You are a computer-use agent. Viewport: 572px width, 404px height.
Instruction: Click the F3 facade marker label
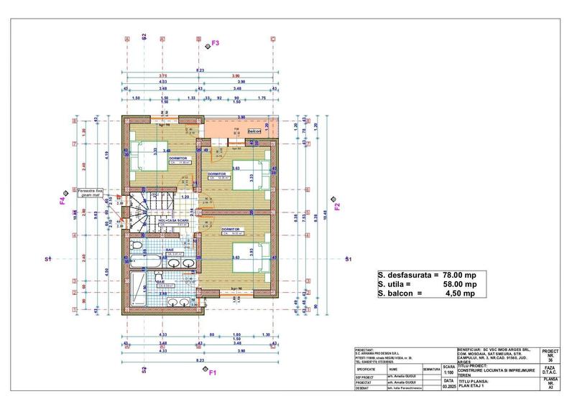coord(215,44)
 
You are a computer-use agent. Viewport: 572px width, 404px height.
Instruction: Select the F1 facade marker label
coord(213,372)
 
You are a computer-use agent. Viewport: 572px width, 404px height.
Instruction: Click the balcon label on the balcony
coord(254,132)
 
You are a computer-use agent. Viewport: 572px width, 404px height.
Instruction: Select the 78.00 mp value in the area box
coord(457,275)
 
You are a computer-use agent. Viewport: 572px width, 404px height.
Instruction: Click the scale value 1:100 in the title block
coord(449,372)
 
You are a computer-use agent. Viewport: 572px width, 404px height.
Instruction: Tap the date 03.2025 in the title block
coord(449,386)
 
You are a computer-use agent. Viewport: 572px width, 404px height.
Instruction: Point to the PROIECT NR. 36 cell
coord(550,357)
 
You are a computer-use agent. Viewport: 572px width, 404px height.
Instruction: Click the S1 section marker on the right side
coord(348,258)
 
